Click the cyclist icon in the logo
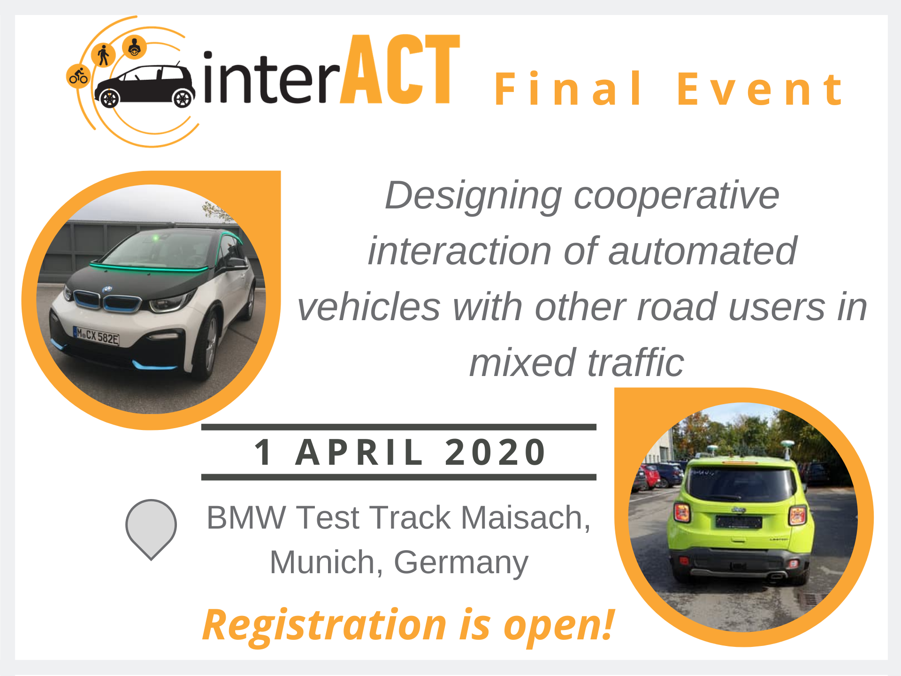[x=78, y=76]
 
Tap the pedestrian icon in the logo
[x=104, y=55]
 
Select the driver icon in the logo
[x=134, y=47]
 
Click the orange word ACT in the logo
[x=400, y=69]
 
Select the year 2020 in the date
[x=496, y=452]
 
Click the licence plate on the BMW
[x=97, y=336]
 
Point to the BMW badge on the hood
[x=107, y=290]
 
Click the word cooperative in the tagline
[x=676, y=195]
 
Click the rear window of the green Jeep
[x=739, y=483]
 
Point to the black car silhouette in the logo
[x=145, y=86]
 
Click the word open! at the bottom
[x=559, y=626]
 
